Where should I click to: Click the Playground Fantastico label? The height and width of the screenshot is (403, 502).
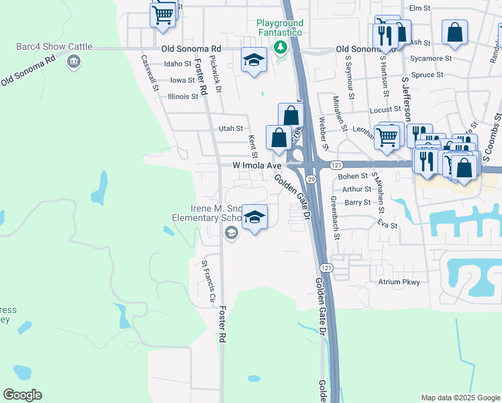(x=280, y=28)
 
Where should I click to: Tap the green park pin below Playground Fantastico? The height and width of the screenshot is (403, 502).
(x=281, y=47)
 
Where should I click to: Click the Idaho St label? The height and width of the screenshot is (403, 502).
(x=178, y=64)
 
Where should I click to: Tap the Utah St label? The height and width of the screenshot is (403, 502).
(x=230, y=128)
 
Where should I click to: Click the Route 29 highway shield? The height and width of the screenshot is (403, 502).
(x=311, y=179)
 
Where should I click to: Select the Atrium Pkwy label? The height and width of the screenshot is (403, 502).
(x=399, y=282)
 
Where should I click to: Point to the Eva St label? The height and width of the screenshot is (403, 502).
(x=387, y=224)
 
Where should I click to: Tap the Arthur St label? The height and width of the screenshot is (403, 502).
(x=356, y=189)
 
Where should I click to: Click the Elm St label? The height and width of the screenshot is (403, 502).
(x=419, y=8)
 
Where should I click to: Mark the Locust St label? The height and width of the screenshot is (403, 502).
(x=383, y=109)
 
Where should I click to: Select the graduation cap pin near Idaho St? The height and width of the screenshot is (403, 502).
(x=254, y=61)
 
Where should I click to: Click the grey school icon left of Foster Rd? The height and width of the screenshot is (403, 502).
(x=232, y=233)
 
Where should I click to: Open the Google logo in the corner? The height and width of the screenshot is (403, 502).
(x=22, y=395)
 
